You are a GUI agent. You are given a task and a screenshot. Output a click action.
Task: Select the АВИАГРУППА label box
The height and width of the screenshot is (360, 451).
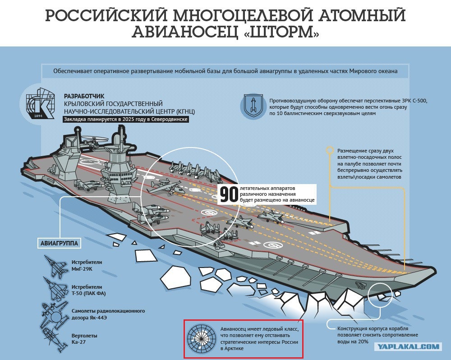point(59,244)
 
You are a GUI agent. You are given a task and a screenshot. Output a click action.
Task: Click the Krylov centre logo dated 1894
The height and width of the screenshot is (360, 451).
point(40,103)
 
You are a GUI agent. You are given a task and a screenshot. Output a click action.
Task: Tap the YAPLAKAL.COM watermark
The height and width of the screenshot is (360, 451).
point(408,347)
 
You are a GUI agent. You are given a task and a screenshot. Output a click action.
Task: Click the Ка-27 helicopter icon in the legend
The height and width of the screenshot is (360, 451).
point(54,340)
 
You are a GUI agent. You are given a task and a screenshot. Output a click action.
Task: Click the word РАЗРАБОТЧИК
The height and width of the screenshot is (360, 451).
point(84,96)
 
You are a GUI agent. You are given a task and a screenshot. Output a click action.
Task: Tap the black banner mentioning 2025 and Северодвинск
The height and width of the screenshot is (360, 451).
point(126,120)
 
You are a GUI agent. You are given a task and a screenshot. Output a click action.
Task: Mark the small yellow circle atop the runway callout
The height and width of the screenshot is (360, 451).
point(329,150)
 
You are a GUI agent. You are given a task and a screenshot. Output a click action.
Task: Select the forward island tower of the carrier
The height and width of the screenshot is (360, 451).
point(118,166)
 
